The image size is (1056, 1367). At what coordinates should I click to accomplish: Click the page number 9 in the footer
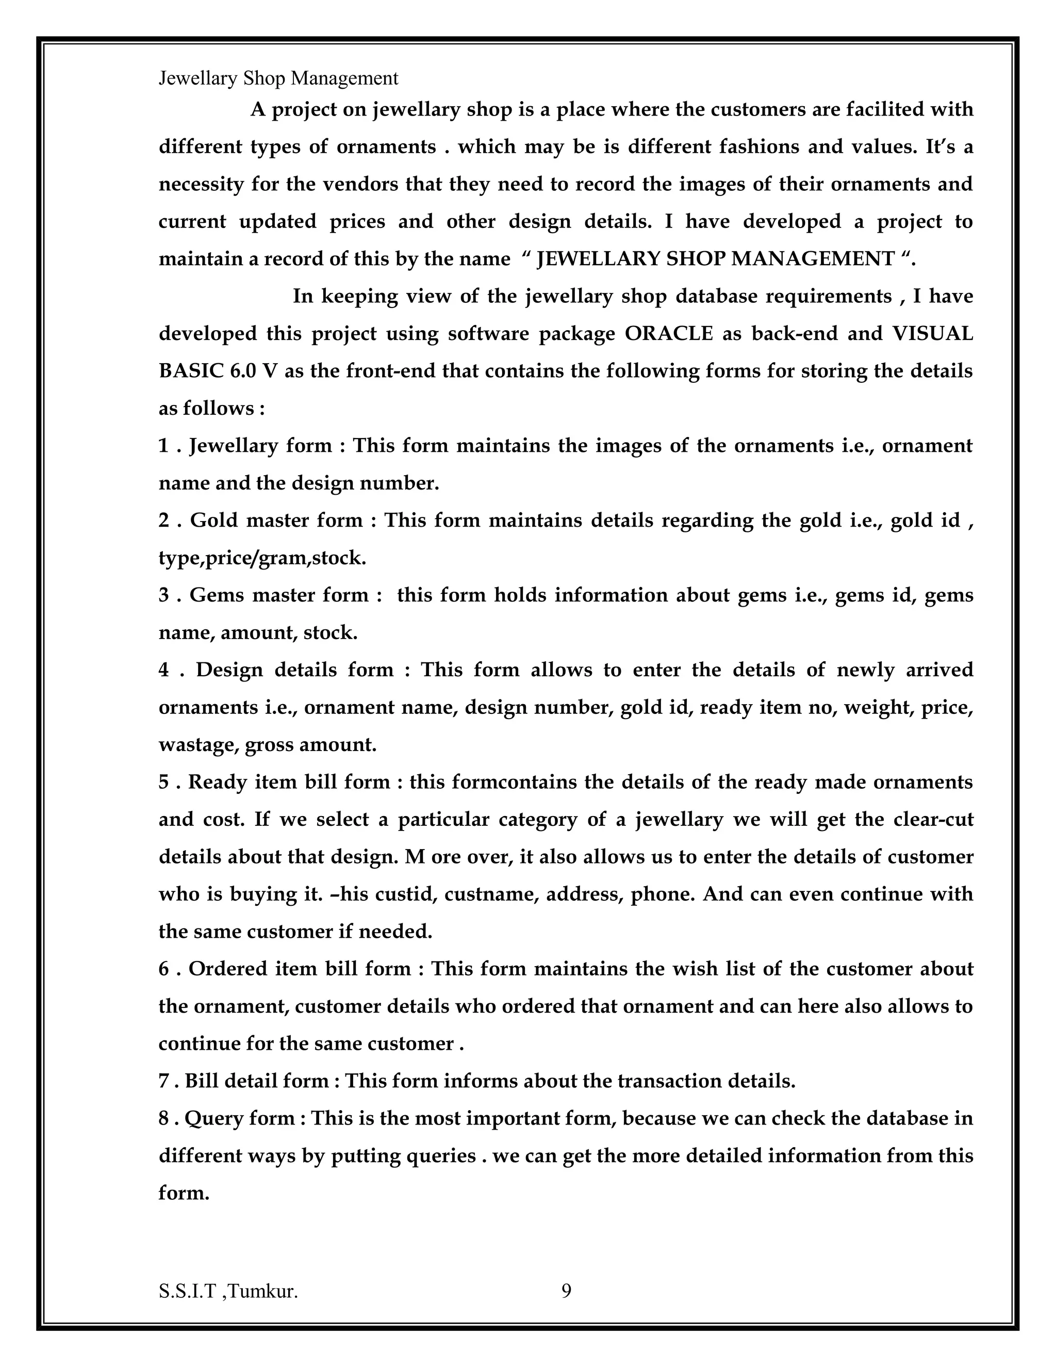pos(566,1291)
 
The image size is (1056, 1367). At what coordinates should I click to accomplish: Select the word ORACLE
pos(669,333)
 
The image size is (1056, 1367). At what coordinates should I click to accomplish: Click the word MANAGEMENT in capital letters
pos(813,258)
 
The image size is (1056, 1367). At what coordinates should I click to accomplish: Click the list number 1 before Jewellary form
pos(163,445)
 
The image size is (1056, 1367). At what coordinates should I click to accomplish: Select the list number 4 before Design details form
pos(164,669)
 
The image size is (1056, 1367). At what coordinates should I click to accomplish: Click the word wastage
pos(196,744)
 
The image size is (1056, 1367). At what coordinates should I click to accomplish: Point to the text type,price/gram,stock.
pos(262,557)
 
